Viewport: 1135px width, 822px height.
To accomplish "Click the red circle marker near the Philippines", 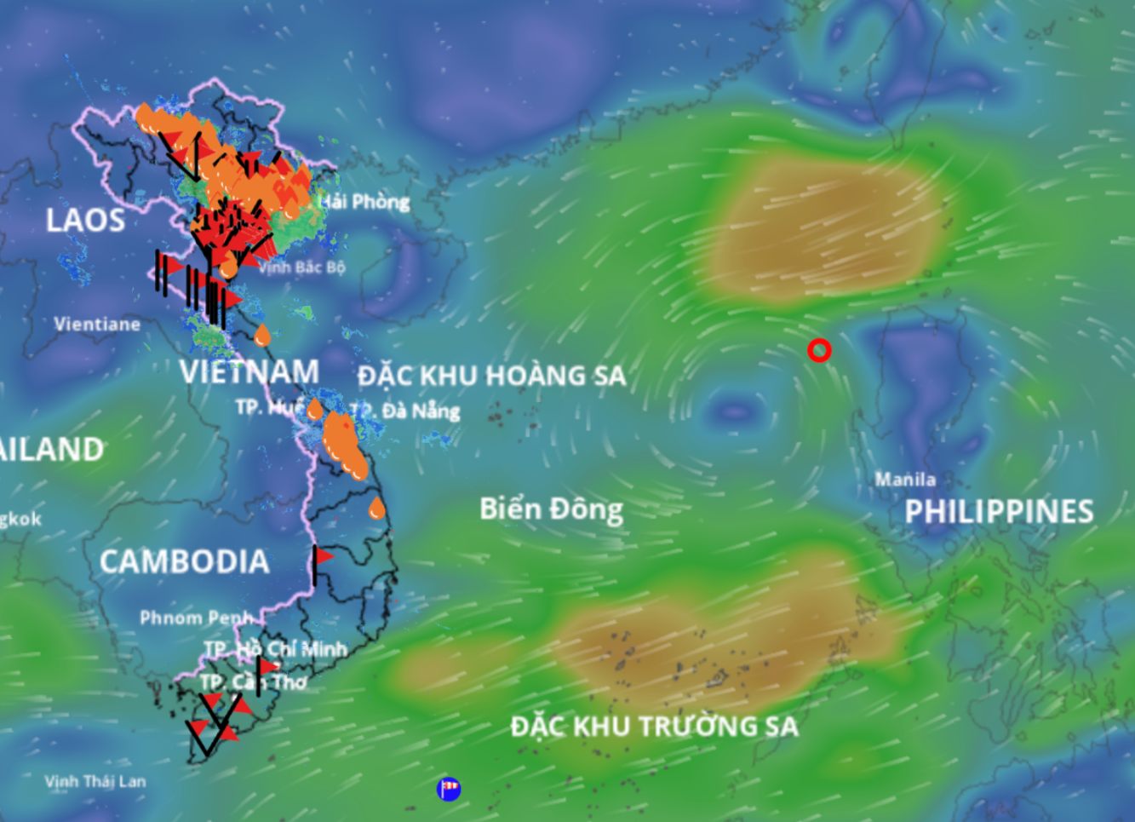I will click(x=819, y=350).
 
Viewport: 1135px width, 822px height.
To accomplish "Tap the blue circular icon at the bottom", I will click(x=449, y=789).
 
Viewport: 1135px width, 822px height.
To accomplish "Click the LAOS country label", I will click(x=85, y=221).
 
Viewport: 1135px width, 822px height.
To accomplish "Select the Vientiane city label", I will click(x=97, y=325).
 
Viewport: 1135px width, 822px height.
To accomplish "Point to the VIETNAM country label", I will click(x=249, y=372).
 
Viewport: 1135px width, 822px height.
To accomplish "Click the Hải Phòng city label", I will click(x=365, y=203).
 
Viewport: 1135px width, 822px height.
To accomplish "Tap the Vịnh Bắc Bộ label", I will click(x=302, y=267).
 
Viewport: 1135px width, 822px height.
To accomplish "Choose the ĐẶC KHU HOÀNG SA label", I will click(x=491, y=376).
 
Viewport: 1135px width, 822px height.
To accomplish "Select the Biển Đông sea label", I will click(x=551, y=509).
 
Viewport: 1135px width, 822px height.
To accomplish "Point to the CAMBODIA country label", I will click(x=184, y=561).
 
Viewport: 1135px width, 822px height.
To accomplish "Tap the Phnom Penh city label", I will click(x=195, y=618).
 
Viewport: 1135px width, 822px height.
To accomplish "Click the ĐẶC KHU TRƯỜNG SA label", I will click(x=654, y=727).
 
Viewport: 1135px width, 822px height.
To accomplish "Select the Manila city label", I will click(x=905, y=480).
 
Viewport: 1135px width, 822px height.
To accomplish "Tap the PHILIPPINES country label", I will click(x=999, y=512).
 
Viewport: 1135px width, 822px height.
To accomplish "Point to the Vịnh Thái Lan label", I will click(x=95, y=781).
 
